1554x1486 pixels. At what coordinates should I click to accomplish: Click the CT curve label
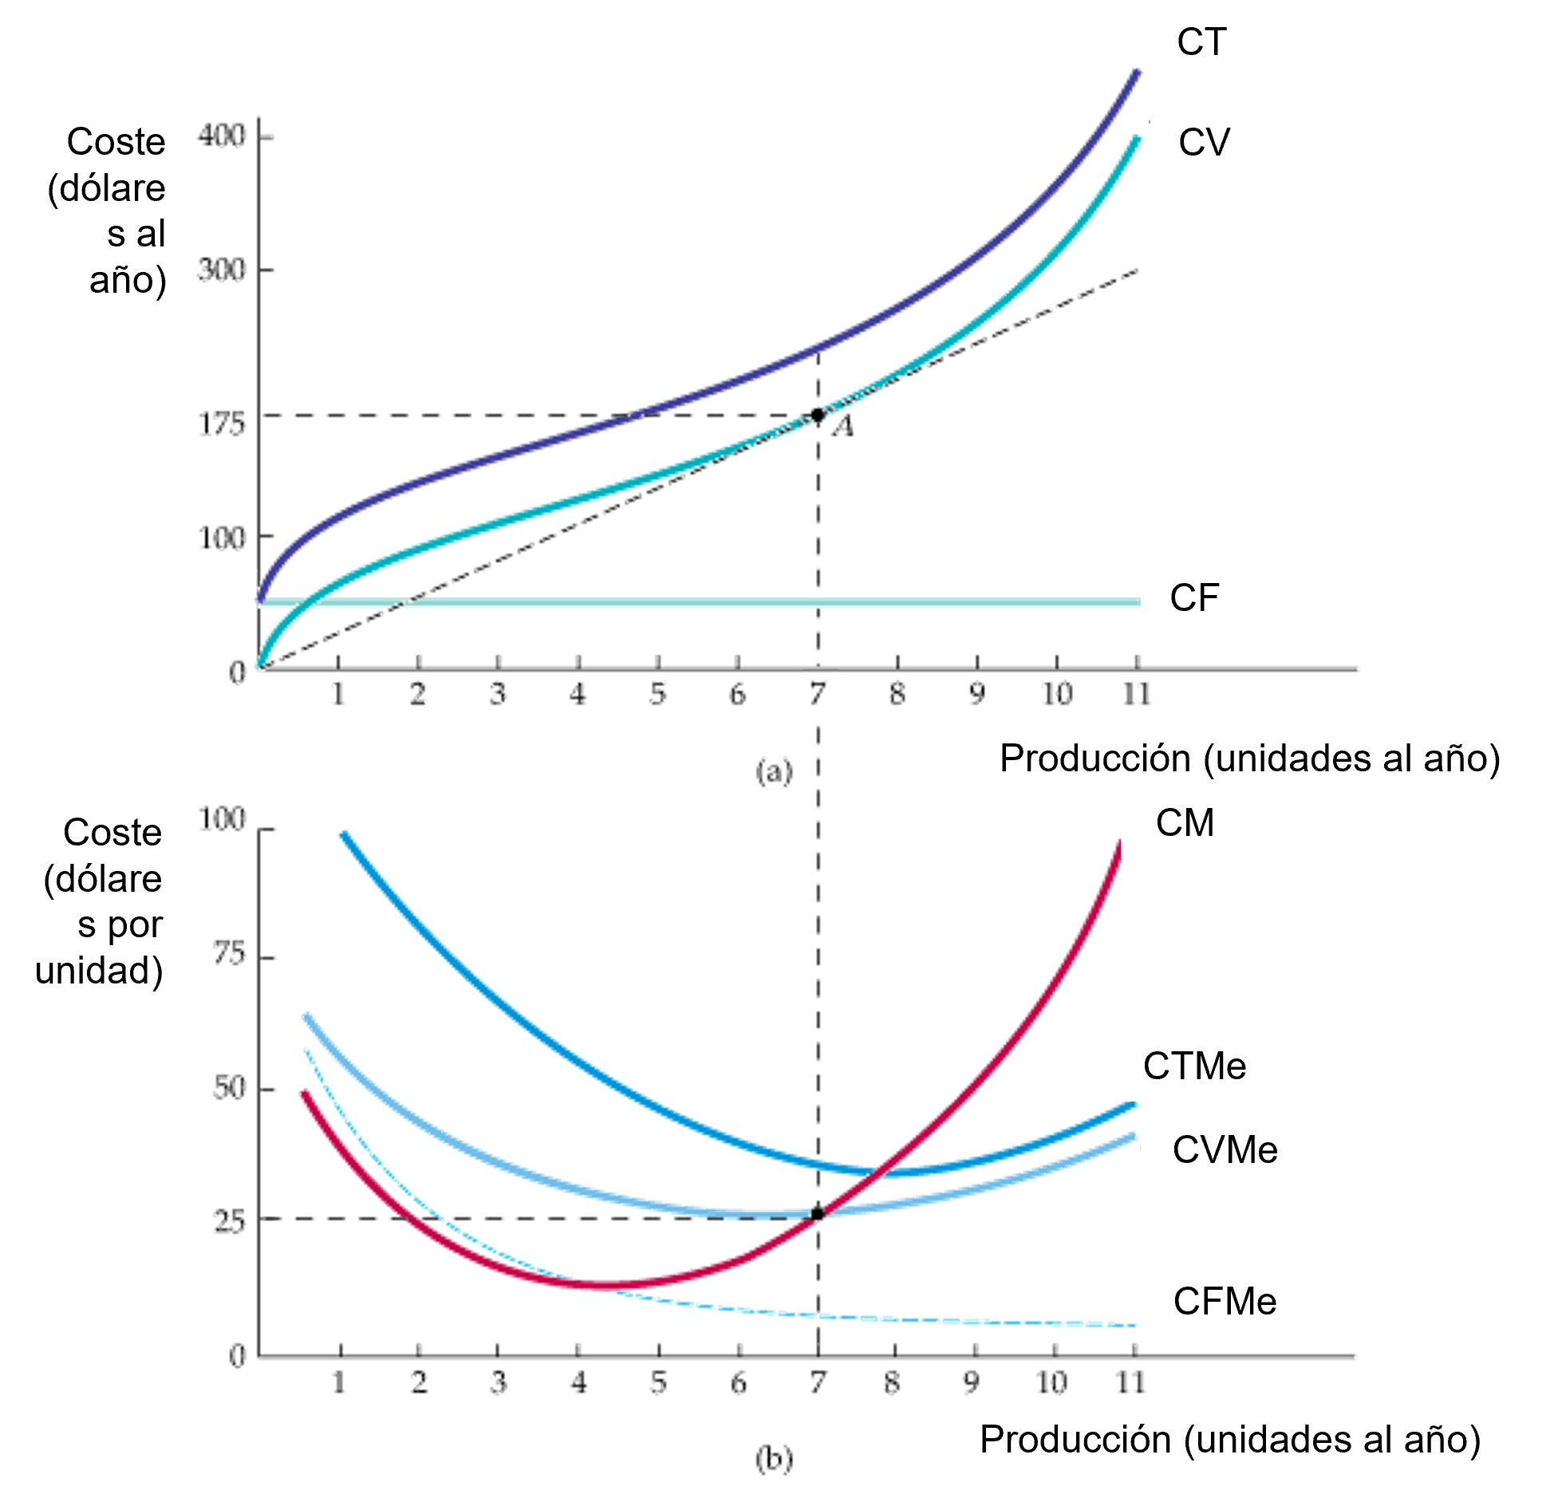1201,41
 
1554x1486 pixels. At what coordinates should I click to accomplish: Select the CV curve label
1204,142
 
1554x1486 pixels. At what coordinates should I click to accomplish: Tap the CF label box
1194,598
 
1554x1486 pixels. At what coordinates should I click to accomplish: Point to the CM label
1185,822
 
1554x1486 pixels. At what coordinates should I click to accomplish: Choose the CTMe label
1194,1066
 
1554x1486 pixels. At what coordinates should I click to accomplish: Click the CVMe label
1225,1149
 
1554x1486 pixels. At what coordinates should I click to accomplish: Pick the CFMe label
1225,1301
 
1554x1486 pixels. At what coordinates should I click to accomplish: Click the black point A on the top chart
818,415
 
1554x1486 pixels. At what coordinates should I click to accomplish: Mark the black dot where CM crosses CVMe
818,1213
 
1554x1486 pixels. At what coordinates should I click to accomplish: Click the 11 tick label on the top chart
1136,695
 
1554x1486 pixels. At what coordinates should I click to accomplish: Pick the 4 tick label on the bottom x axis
578,1382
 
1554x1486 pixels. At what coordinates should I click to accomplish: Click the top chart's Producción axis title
1249,758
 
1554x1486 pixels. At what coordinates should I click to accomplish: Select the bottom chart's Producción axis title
1229,1439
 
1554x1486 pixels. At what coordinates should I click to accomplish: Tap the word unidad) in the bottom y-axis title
99,971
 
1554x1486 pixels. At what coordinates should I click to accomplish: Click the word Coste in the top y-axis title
116,142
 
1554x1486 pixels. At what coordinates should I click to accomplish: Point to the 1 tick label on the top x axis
340,695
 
